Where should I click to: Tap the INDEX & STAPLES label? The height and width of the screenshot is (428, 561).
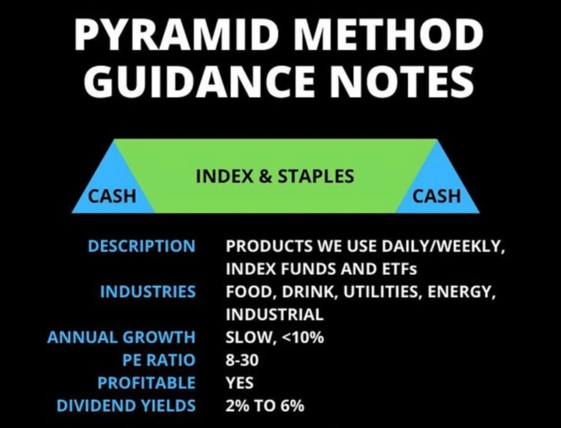[x=275, y=176]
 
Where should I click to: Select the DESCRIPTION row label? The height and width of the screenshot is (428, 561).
[x=142, y=246]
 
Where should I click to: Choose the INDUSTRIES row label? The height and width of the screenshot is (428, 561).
[x=148, y=291]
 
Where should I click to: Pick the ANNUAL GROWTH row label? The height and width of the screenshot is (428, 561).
[x=121, y=337]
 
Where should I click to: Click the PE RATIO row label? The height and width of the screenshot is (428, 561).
[x=159, y=359]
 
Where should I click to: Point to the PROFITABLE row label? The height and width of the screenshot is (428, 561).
[x=146, y=383]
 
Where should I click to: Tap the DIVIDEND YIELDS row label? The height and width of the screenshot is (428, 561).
[x=126, y=406]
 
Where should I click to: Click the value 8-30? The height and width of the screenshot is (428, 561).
[x=242, y=359]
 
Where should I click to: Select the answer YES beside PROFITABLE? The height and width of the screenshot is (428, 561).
[x=239, y=383]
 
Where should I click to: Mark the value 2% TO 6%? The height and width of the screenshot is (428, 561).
[x=265, y=406]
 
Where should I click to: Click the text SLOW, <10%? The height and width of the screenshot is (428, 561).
[x=275, y=337]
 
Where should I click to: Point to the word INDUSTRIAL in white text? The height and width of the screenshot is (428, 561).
[x=274, y=314]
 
